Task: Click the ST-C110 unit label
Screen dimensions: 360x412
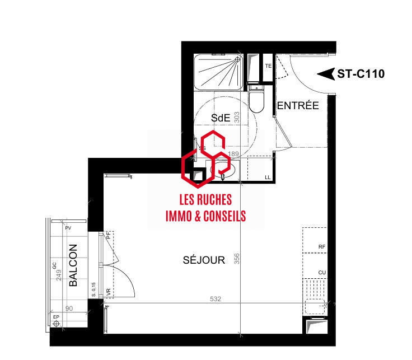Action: [x=360, y=74]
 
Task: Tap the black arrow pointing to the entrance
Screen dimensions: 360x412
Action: [x=325, y=74]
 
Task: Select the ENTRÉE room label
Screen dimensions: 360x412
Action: [x=298, y=105]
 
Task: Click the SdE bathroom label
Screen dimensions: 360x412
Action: [x=221, y=116]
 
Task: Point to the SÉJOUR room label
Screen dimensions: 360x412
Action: [x=204, y=260]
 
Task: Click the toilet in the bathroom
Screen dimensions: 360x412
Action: [x=257, y=100]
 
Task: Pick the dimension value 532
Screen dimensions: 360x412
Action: [x=216, y=300]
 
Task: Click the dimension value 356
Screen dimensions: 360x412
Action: [x=237, y=260]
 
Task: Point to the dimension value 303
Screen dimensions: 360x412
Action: [x=237, y=118]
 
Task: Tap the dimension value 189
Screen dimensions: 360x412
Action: [x=234, y=154]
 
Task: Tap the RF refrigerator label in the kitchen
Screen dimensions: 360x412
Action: [x=321, y=246]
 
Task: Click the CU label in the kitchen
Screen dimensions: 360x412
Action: [x=321, y=273]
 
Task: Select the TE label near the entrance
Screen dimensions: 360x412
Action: [x=268, y=66]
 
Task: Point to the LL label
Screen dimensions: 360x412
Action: [x=268, y=178]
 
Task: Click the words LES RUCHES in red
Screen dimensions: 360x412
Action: [x=205, y=200]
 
